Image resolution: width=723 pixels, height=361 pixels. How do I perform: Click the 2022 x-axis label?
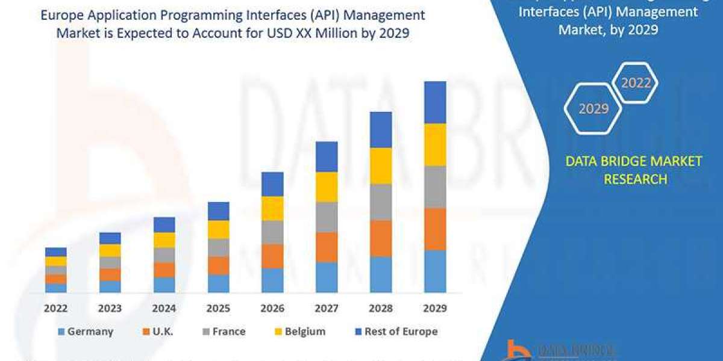[x=55, y=309]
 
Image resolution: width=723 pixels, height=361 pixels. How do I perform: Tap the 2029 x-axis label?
[x=435, y=309]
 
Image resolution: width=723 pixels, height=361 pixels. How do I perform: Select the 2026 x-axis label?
[x=272, y=309]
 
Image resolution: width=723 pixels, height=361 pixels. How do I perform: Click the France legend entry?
[x=223, y=332]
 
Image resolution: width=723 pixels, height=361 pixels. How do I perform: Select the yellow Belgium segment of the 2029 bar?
[x=435, y=144]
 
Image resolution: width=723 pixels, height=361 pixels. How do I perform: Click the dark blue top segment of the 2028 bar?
[x=381, y=129]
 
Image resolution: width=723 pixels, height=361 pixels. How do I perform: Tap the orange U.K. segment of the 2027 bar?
[x=327, y=247]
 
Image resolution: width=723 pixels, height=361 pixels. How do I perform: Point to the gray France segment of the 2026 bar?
[x=272, y=232]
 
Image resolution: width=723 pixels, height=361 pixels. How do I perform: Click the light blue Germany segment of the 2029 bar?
[x=435, y=271]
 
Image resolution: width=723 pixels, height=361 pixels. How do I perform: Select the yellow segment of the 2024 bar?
[x=164, y=239]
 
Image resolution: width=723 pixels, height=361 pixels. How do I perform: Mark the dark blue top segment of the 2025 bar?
[x=218, y=211]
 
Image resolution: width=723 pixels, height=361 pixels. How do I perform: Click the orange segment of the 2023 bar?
[x=110, y=274]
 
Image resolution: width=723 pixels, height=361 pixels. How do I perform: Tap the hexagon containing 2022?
[x=635, y=83]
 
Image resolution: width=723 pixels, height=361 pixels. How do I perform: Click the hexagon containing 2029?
[x=593, y=109]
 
